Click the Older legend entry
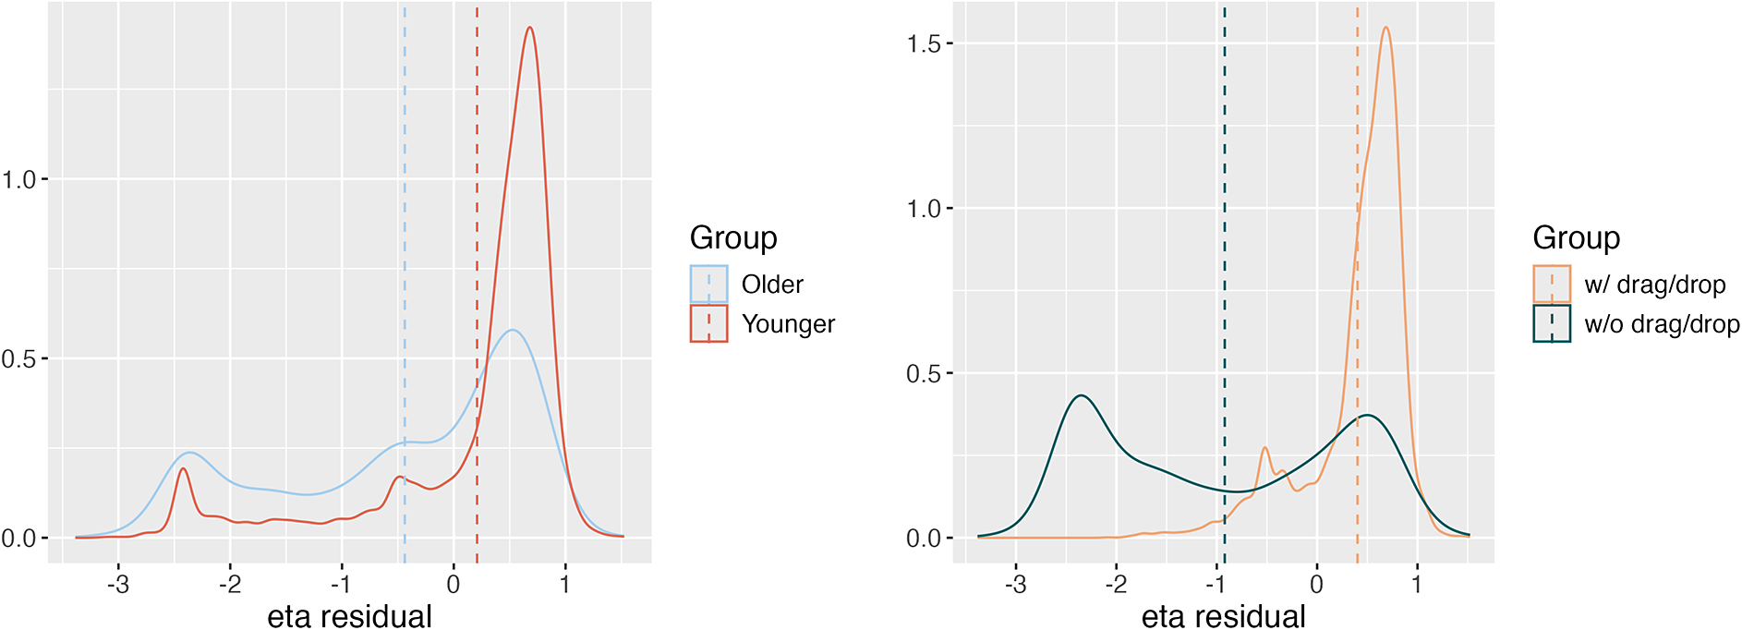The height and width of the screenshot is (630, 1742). pyautogui.click(x=771, y=285)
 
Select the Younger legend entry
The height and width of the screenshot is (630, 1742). pyautogui.click(x=787, y=324)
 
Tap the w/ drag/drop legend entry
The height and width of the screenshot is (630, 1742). pyautogui.click(x=1654, y=285)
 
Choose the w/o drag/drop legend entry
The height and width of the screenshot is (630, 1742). pyautogui.click(x=1661, y=324)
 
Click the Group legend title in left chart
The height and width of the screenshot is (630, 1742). pyautogui.click(x=733, y=238)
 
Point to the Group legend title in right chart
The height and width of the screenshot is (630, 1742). pyautogui.click(x=1576, y=238)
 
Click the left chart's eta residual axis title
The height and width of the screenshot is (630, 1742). pyautogui.click(x=349, y=615)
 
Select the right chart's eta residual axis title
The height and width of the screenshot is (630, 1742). pyautogui.click(x=1223, y=615)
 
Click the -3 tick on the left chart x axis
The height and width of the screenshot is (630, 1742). pyautogui.click(x=117, y=585)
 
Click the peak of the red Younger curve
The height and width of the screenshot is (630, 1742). pyautogui.click(x=530, y=28)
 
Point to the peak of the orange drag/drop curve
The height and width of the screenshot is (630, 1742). pyautogui.click(x=1386, y=28)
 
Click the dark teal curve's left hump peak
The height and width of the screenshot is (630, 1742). pyautogui.click(x=1081, y=396)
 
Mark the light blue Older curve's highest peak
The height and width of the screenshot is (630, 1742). pyautogui.click(x=512, y=330)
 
